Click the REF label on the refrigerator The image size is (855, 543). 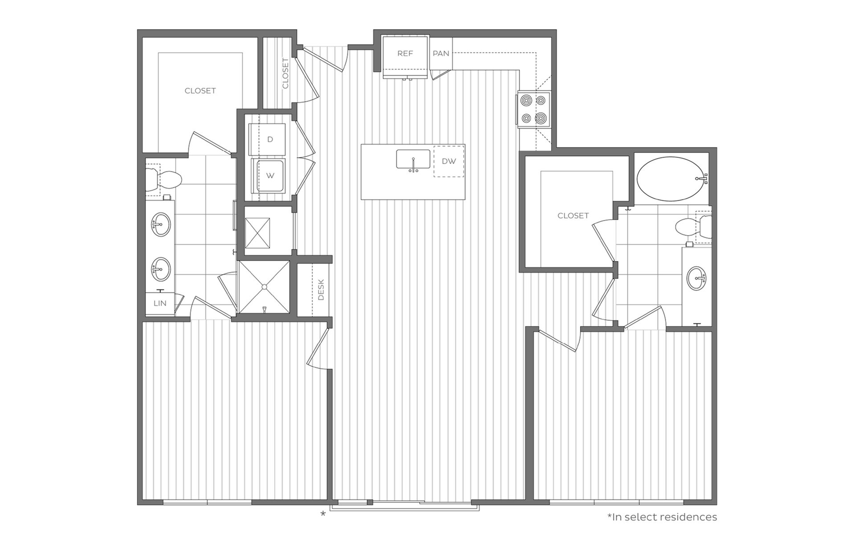405,53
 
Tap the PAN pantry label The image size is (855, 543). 441,53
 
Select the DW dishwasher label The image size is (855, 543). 449,161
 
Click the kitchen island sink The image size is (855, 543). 413,159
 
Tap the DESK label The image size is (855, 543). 321,290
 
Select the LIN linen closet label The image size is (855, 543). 160,304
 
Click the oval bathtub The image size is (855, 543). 672,179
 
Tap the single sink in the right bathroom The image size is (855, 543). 696,278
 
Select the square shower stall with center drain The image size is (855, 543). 265,287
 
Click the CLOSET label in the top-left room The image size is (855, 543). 200,91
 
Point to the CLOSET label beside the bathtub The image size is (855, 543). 573,216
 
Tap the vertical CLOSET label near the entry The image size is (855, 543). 285,73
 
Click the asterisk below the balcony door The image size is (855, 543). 323,515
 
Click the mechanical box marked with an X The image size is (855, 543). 258,233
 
